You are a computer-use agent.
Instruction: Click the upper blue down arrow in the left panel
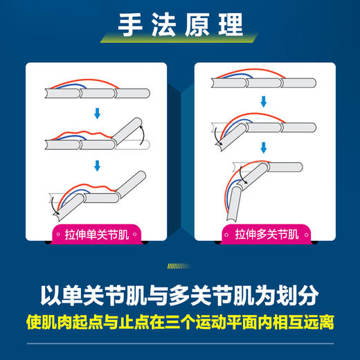point(98,112)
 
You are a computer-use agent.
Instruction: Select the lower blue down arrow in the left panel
point(98,165)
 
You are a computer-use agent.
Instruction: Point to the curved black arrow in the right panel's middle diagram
point(219,136)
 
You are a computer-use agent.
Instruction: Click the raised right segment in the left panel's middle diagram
point(131,130)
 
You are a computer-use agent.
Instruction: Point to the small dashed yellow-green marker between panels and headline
point(180,264)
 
